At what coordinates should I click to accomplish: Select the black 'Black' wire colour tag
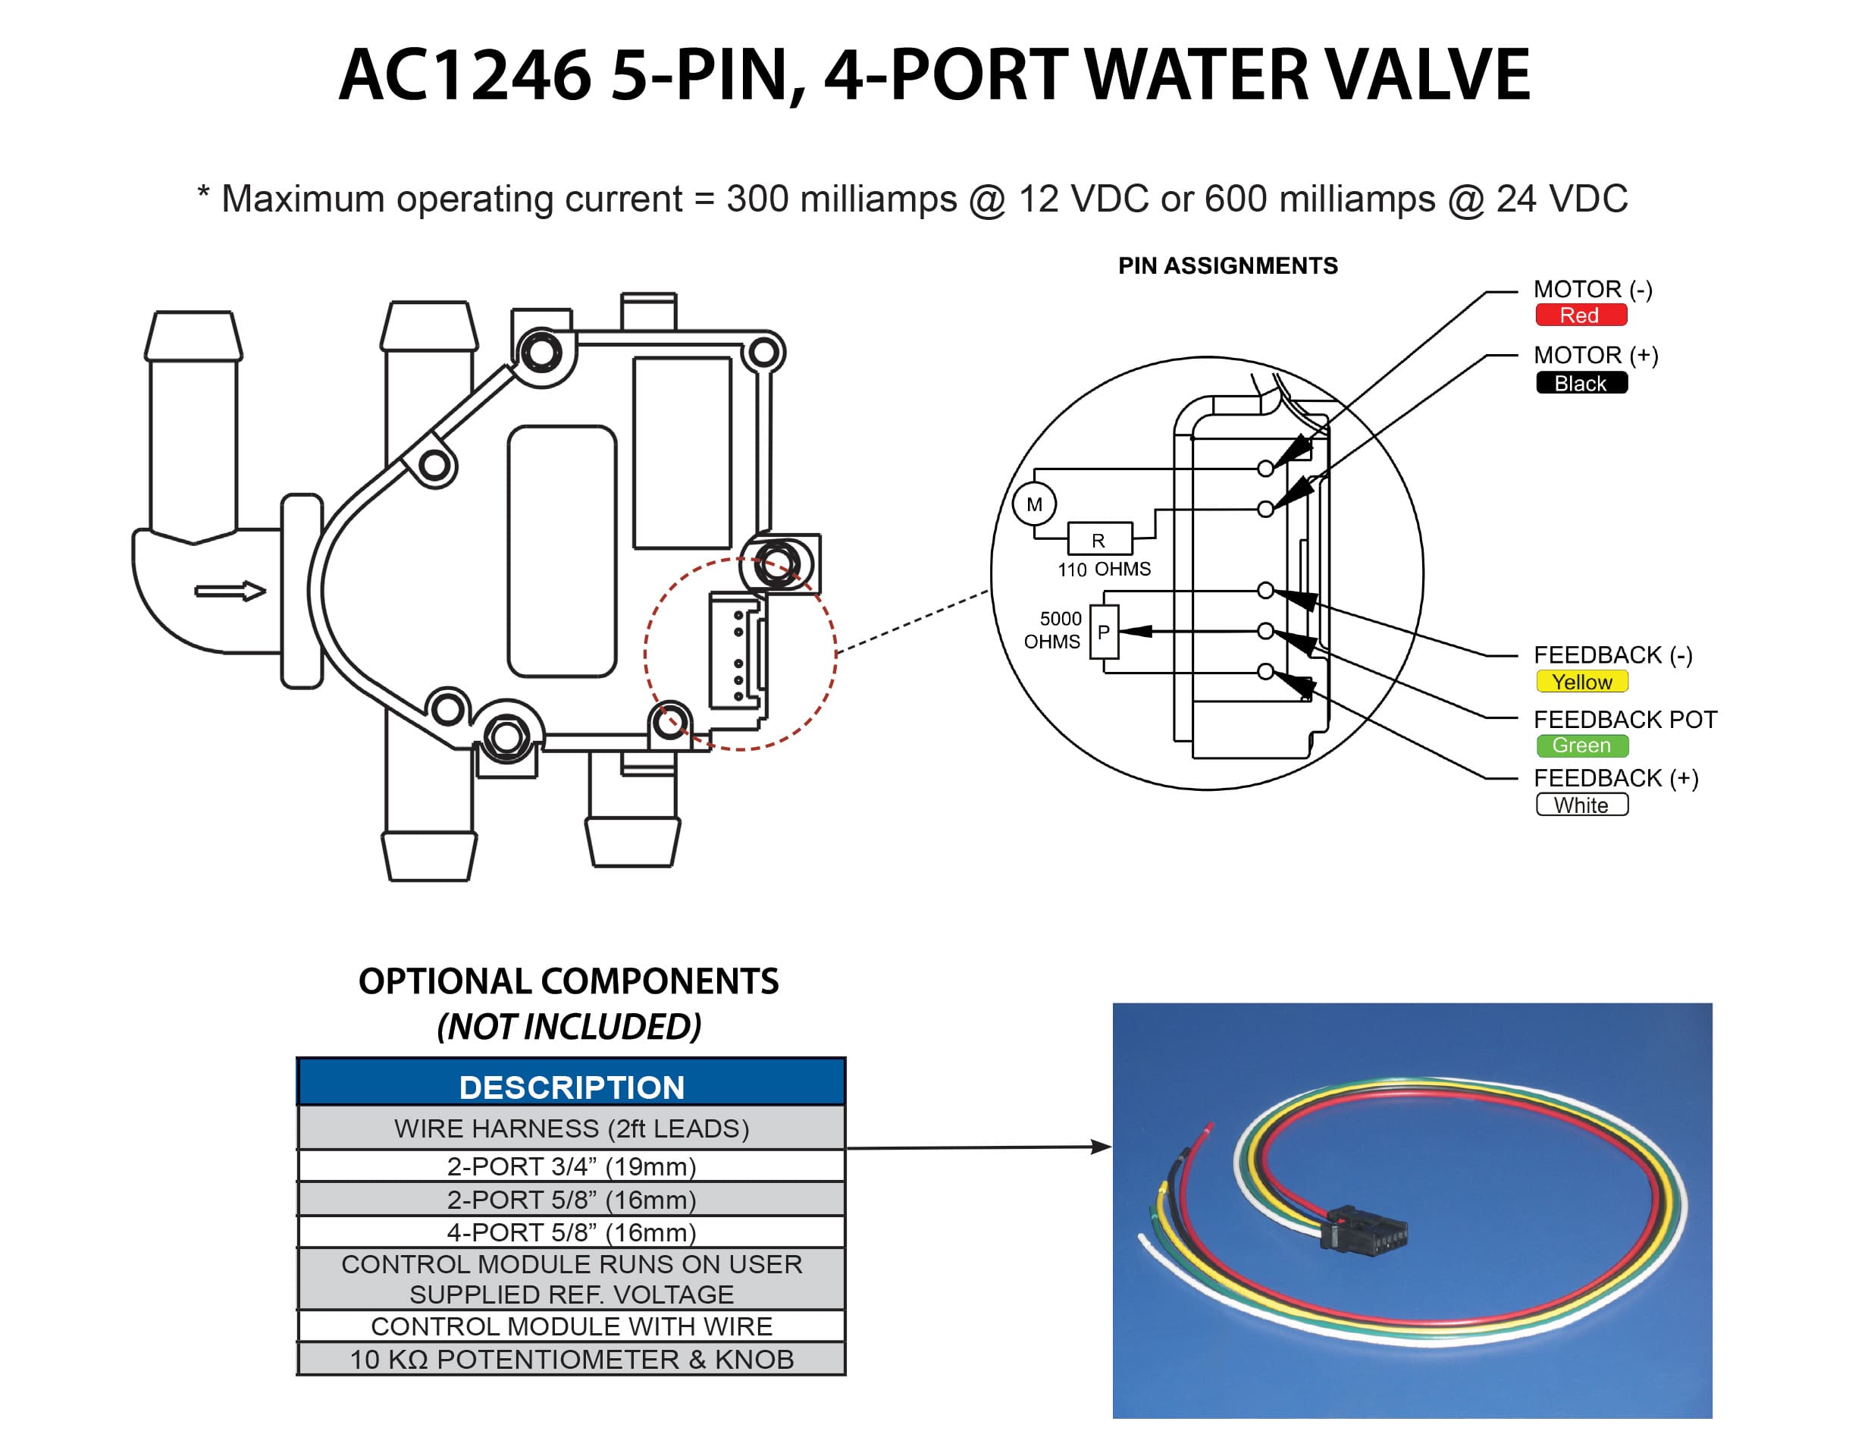click(1581, 384)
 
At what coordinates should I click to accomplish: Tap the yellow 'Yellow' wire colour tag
click(1581, 683)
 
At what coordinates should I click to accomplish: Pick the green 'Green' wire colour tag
click(1581, 746)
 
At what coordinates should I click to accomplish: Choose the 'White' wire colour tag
click(1581, 805)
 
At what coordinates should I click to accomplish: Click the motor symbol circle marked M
click(1034, 504)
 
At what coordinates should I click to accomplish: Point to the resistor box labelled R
click(1098, 540)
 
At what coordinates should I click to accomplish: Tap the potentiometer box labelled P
click(1104, 632)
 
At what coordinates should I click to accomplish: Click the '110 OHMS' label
click(1104, 569)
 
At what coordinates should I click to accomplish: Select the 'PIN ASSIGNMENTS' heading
click(1227, 266)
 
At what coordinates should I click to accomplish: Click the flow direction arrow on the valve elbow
click(230, 592)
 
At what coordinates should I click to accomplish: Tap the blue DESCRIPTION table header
click(572, 1087)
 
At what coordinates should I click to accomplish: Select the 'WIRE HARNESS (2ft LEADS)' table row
click(572, 1129)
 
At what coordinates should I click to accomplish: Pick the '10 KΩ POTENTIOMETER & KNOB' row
click(572, 1360)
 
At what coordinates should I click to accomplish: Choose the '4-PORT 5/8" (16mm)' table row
click(572, 1232)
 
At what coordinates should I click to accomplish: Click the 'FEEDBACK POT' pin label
click(1625, 720)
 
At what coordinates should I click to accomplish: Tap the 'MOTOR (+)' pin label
click(1596, 356)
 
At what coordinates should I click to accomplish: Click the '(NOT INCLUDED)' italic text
click(569, 1027)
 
